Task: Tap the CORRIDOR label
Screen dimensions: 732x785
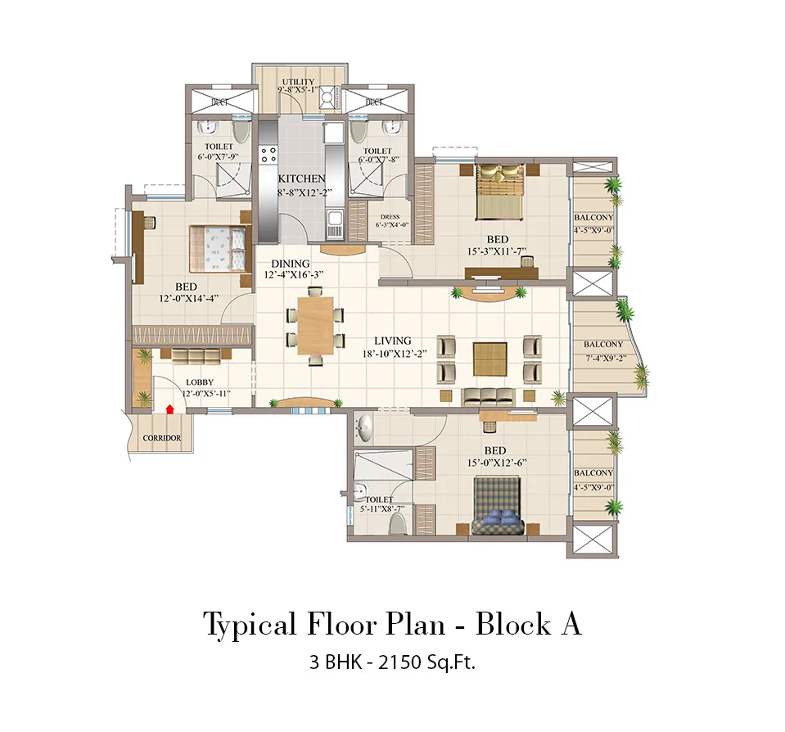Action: click(x=161, y=438)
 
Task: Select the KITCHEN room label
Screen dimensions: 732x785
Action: click(x=301, y=178)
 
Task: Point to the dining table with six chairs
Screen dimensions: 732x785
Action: click(x=315, y=326)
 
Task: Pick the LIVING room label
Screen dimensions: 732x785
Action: click(x=393, y=341)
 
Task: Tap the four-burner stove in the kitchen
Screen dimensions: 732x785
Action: click(x=268, y=155)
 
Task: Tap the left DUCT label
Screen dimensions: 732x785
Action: click(x=219, y=102)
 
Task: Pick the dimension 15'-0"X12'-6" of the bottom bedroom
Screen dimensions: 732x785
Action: click(x=494, y=463)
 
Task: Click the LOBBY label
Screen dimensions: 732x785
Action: click(x=199, y=382)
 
